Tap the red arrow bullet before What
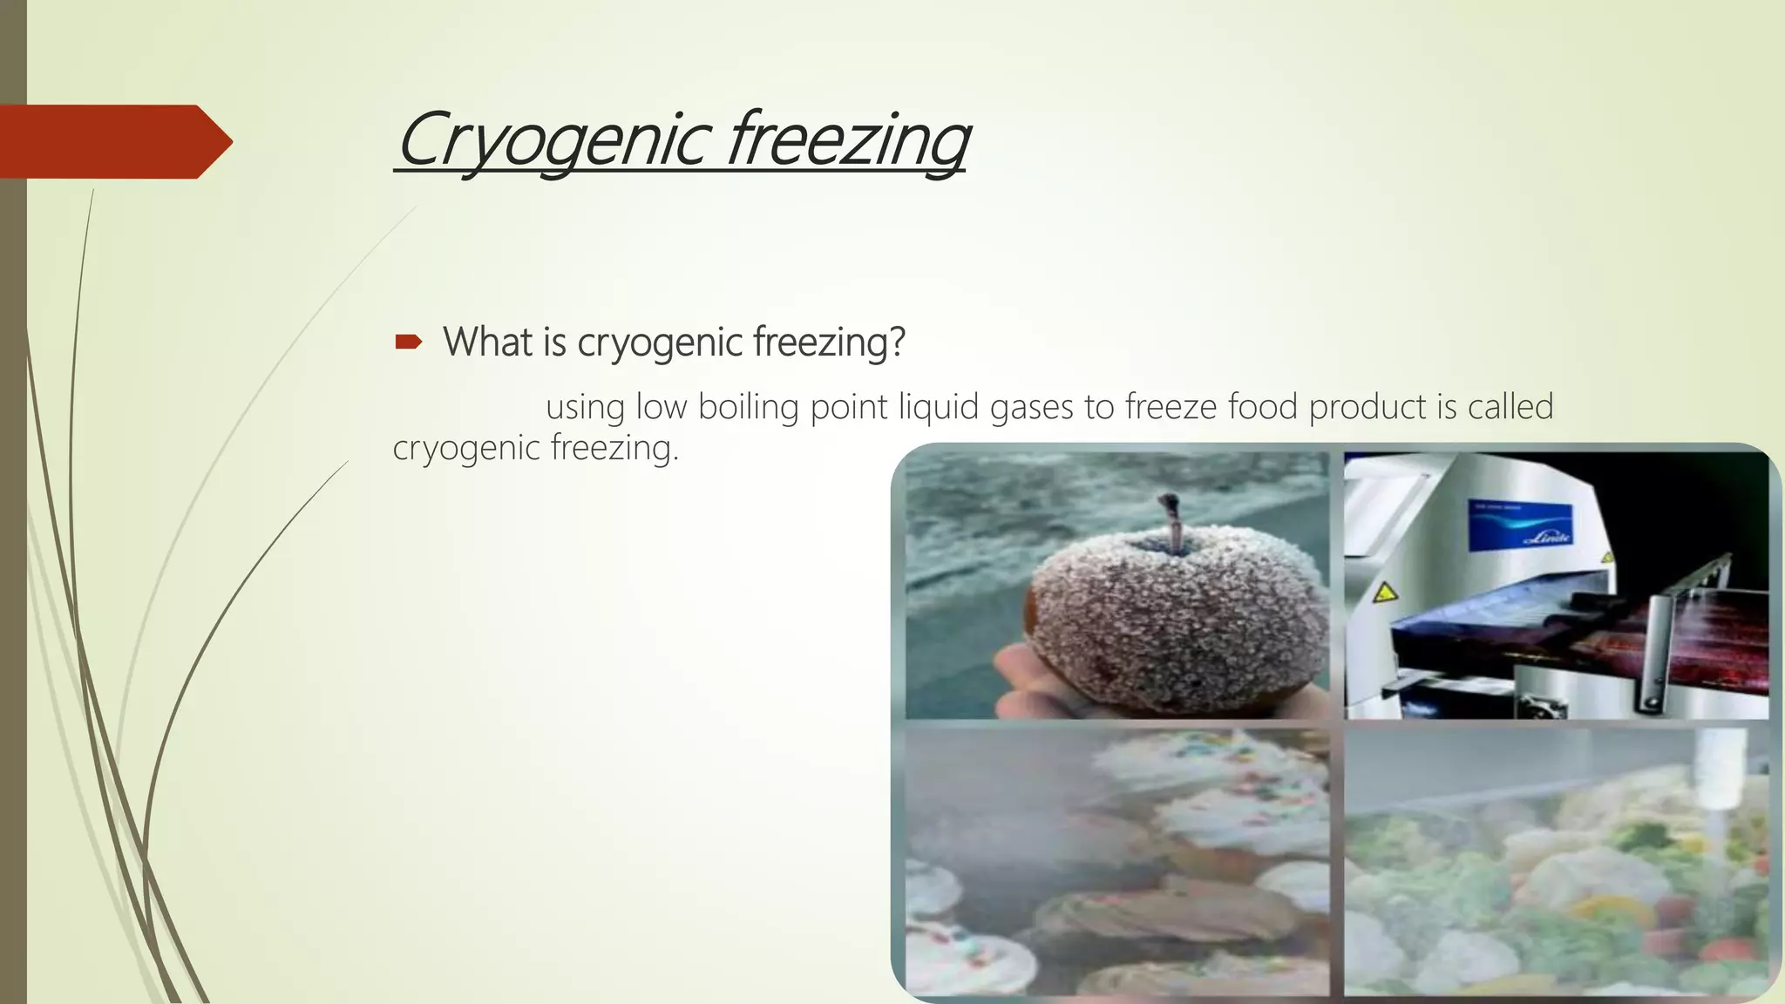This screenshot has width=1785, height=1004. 408,343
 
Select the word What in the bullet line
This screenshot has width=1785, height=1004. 487,342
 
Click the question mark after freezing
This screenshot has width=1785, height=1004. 897,342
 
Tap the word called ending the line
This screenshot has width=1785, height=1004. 1510,407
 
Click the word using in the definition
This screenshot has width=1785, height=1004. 585,407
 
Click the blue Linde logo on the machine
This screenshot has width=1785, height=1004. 1521,526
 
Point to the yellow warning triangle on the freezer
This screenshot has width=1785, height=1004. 1384,594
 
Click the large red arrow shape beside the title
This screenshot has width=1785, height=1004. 113,141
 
